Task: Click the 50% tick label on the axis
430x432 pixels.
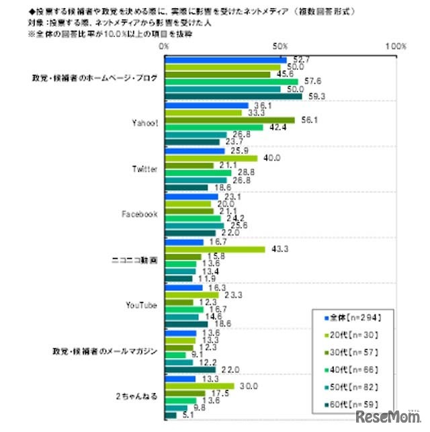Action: pyautogui.click(x=280, y=47)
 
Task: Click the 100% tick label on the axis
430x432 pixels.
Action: pyautogui.click(x=396, y=47)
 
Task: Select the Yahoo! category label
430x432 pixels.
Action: pyautogui.click(x=144, y=124)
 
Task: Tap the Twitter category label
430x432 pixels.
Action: pyautogui.click(x=144, y=169)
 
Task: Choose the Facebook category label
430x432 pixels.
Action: pyautogui.click(x=140, y=214)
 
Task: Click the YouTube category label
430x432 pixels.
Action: pyautogui.click(x=142, y=305)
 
